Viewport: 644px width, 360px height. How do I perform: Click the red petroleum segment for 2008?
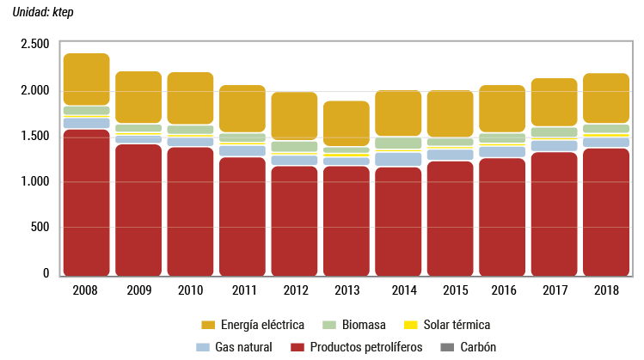[x=86, y=202]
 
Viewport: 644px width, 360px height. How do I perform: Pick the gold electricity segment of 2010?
[x=190, y=97]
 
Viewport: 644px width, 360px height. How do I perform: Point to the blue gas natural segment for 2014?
[x=397, y=159]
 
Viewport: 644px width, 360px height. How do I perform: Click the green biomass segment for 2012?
[x=294, y=146]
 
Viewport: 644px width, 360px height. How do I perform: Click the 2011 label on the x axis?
[x=242, y=290]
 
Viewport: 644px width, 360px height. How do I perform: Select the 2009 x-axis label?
[x=138, y=290]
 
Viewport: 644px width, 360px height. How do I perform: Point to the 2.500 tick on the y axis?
[x=34, y=44]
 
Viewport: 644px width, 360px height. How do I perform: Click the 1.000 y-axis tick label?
[x=34, y=181]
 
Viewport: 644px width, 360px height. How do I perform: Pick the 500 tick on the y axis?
[x=40, y=228]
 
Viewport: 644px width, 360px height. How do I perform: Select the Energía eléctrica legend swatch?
[x=208, y=325]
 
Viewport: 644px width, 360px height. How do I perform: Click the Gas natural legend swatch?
[x=204, y=346]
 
